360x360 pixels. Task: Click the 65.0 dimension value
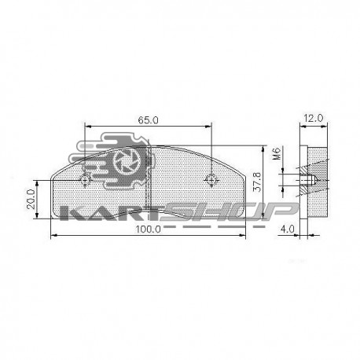point(148,120)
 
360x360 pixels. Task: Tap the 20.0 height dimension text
point(31,197)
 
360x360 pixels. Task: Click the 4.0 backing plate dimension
point(288,229)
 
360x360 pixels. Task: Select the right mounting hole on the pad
point(210,180)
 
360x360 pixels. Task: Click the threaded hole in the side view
point(309,180)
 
